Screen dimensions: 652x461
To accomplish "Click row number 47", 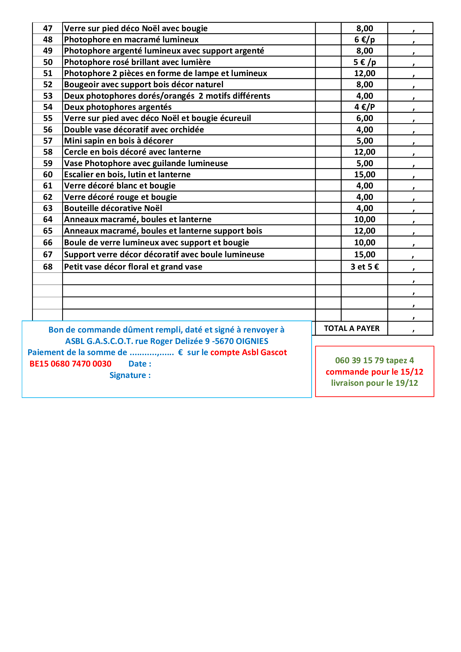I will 48,28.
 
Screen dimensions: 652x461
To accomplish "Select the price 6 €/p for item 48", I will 365,40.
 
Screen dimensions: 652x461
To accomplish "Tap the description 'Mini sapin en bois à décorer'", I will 118,141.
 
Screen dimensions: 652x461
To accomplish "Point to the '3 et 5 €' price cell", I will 365,267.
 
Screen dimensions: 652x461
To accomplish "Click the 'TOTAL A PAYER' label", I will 351,329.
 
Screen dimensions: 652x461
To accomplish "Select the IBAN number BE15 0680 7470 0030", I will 71,364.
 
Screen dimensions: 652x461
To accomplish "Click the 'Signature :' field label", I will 130,375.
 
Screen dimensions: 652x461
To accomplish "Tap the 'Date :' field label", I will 140,364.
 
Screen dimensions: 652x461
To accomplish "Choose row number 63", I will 48,209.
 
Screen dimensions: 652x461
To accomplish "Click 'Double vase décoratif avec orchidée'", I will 134,130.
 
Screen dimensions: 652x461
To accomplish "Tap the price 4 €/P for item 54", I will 365,107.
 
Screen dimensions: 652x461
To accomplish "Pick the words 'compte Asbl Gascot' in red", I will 248,352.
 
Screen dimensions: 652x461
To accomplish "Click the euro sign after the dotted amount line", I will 180,352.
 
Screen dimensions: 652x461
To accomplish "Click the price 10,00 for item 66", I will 365,243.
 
